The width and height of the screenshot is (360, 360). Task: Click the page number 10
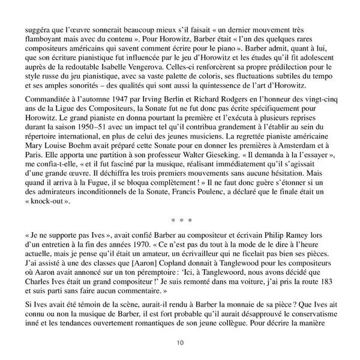coord(179,343)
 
